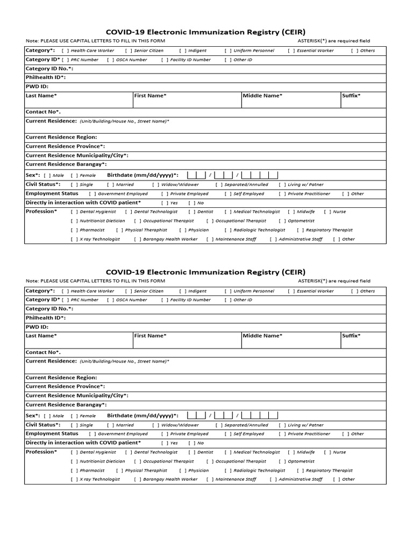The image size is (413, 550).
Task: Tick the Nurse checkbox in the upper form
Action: [x=327, y=212]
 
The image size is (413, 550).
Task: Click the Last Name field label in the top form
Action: [x=41, y=96]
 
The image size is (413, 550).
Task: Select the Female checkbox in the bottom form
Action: [x=74, y=416]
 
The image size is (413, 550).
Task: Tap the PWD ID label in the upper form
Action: [x=37, y=86]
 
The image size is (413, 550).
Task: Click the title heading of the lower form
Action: [x=205, y=272]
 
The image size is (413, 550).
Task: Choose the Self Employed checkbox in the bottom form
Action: [x=227, y=434]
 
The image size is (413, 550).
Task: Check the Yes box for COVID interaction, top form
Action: [x=164, y=203]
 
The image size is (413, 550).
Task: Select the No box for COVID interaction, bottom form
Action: [x=191, y=443]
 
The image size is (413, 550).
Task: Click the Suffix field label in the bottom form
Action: [x=351, y=336]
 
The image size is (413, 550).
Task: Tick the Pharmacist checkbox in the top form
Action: [x=74, y=230]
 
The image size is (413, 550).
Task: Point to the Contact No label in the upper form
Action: [x=44, y=112]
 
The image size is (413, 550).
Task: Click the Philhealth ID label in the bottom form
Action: [x=46, y=317]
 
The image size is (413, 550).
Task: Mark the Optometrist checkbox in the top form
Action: [x=282, y=221]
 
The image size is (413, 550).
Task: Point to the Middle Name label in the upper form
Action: [x=262, y=96]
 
